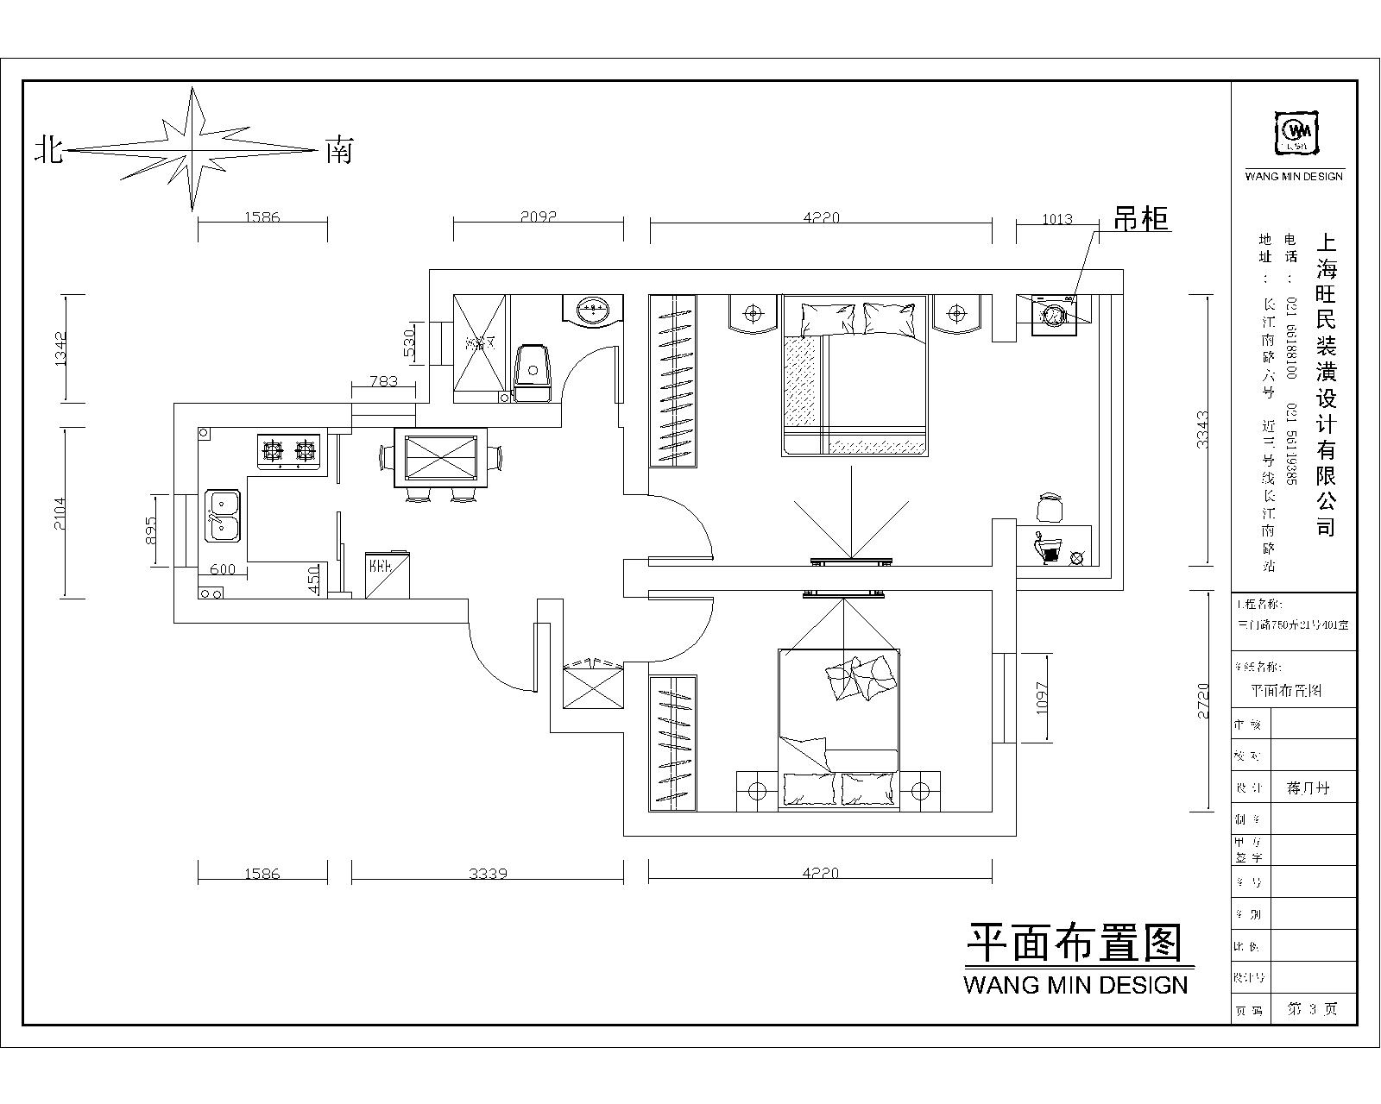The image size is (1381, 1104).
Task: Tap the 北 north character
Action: pos(48,151)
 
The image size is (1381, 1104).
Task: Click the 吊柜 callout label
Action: pos(1141,219)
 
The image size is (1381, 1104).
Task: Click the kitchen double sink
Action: pos(223,515)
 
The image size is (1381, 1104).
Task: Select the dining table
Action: pos(440,456)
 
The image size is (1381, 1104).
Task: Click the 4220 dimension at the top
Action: pos(820,217)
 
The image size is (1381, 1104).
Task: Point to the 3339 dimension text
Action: pos(488,873)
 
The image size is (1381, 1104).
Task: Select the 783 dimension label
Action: pos(382,380)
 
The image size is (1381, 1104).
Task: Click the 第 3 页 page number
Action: pos(1312,1008)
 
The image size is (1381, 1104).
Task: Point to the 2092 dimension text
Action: pos(539,217)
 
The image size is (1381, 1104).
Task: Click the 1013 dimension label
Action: pos(1056,219)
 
